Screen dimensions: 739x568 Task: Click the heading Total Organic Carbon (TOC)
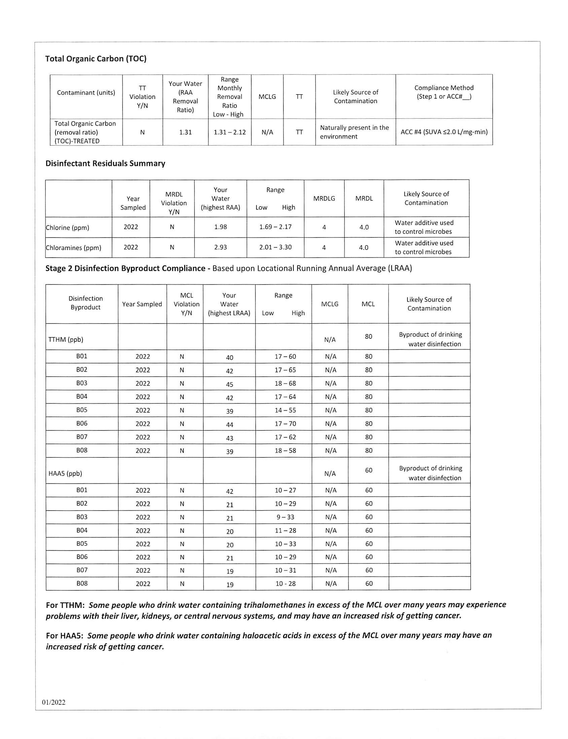coord(96,59)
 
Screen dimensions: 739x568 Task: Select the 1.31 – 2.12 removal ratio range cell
coord(229,132)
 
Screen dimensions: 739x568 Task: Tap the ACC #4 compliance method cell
coord(444,132)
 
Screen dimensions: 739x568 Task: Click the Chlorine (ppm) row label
coord(68,227)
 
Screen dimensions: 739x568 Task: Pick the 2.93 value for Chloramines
coord(220,247)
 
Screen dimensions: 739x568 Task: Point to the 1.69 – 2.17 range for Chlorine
coord(275,227)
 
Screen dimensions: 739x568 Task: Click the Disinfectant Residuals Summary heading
coord(105,163)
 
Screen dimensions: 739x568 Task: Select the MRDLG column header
coord(324,198)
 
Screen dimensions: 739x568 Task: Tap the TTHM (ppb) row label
coord(66,339)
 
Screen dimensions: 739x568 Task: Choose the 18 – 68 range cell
coord(285,383)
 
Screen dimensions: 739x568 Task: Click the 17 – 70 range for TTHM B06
coord(285,423)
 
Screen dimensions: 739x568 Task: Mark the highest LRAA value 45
coord(229,384)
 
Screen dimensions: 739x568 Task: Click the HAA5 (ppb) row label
coord(65,473)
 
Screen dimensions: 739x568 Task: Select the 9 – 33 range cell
coord(285,517)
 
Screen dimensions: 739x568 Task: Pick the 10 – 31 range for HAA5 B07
coord(285,570)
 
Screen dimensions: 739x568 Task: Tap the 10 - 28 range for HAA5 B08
coord(285,584)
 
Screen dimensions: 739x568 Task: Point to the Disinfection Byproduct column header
coord(85,303)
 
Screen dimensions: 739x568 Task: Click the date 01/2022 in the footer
coord(54,702)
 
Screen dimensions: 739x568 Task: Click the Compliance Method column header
coord(444,92)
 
